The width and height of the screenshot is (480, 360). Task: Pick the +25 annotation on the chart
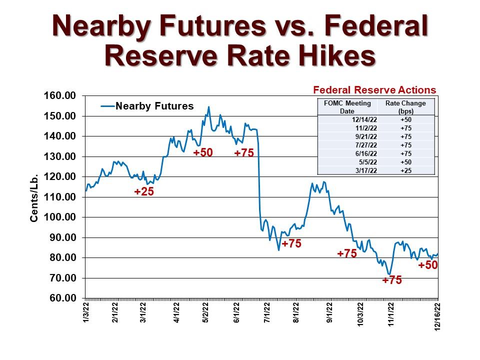point(144,191)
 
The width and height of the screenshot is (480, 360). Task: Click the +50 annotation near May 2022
point(203,152)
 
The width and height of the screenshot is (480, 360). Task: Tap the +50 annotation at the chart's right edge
point(428,265)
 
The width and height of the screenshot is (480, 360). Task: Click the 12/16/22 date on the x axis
point(438,315)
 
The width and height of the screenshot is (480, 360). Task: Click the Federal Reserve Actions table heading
point(374,90)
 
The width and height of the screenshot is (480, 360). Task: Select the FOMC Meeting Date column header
point(347,107)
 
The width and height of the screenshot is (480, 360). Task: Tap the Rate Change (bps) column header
point(405,107)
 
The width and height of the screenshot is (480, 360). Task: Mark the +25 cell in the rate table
point(405,170)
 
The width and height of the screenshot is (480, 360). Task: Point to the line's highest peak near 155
point(208,106)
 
